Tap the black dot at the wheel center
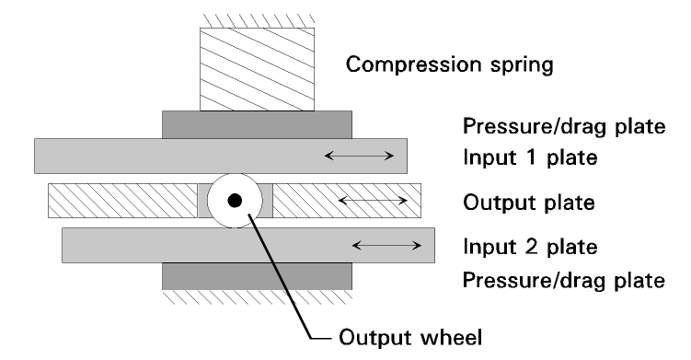point(236,202)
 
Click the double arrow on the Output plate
point(363,200)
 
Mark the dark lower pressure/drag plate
point(257,275)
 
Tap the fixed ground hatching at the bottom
point(257,296)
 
